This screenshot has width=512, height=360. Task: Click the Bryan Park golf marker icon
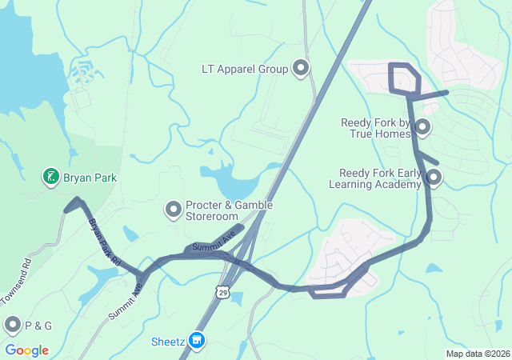click(x=50, y=175)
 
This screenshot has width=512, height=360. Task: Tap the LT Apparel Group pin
click(x=302, y=68)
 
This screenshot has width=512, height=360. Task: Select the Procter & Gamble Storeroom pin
click(x=173, y=210)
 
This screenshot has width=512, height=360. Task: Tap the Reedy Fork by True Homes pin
click(x=422, y=127)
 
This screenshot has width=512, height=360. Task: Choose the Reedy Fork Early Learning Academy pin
click(x=434, y=177)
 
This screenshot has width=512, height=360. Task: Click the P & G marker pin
click(x=13, y=325)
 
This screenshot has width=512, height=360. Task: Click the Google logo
click(x=26, y=350)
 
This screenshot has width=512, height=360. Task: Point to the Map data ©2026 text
click(x=477, y=354)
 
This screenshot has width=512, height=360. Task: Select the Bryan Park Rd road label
click(x=104, y=242)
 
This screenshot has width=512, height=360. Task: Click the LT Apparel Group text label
click(x=245, y=69)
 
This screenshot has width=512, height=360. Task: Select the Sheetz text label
click(x=168, y=342)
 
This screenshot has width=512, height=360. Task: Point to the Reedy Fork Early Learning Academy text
click(x=375, y=178)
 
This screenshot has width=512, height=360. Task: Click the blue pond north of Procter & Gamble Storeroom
click(x=231, y=183)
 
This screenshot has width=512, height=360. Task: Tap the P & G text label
click(x=38, y=326)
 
